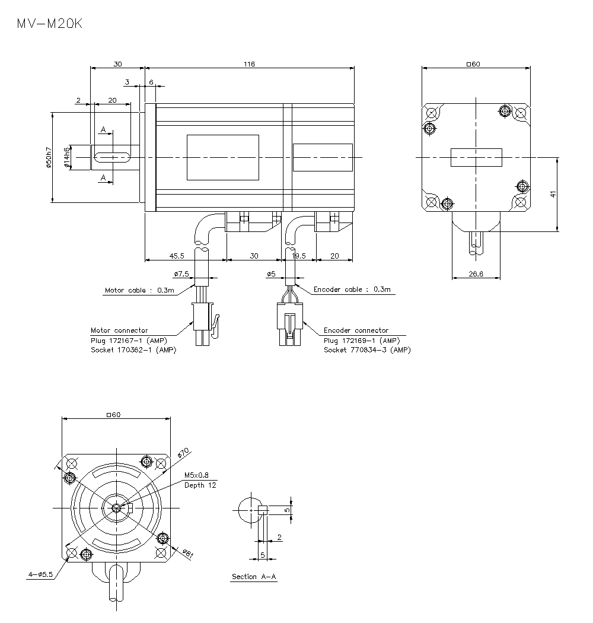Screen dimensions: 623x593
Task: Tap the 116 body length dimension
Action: tap(249, 63)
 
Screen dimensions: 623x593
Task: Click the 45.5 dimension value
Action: tap(177, 256)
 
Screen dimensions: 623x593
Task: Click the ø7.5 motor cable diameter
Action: tap(181, 274)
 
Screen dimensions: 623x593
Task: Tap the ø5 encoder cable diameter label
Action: tap(271, 274)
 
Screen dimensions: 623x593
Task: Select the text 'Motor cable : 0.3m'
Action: tap(139, 291)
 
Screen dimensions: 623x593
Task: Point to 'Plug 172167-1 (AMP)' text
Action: tap(129, 341)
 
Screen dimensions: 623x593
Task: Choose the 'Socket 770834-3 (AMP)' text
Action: tap(367, 350)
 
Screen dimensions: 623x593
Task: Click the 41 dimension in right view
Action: tap(553, 194)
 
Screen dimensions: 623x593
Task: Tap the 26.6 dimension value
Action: tap(476, 274)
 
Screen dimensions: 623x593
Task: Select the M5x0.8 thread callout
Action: tap(196, 475)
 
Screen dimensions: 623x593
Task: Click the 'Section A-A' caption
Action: tap(254, 577)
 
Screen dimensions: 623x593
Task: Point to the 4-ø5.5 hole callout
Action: tap(40, 574)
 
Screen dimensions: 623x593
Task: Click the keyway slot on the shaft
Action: tap(112, 157)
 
